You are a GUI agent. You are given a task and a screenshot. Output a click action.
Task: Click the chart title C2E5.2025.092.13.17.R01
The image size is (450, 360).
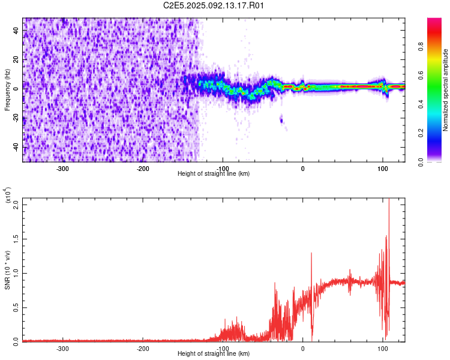coord(213,5)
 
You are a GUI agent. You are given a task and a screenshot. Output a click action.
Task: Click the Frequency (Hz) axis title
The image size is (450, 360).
coord(7,90)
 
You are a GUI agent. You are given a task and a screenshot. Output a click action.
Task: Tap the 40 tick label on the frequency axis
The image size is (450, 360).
coord(16,30)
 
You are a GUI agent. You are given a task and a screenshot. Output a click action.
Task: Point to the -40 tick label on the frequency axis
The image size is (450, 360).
coord(16,148)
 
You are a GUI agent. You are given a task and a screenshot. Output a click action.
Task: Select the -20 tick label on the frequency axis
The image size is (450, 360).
coord(16,118)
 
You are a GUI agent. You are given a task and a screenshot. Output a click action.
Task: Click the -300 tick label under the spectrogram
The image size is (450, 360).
coord(62,169)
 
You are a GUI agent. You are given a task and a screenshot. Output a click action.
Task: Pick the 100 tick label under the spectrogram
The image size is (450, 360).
coord(383,169)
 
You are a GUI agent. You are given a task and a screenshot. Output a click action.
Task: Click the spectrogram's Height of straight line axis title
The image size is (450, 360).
coord(214,173)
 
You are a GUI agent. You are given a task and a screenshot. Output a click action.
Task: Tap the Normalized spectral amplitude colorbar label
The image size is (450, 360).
coord(445,90)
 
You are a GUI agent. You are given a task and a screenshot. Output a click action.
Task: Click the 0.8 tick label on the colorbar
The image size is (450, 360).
coord(421,47)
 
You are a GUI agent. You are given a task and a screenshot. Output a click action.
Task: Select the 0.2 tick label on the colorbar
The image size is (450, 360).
coord(421,133)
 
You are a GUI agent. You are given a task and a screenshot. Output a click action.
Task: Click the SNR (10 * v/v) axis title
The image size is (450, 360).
coord(7,270)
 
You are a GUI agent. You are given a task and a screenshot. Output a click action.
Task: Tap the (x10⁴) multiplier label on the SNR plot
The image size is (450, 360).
coord(7,195)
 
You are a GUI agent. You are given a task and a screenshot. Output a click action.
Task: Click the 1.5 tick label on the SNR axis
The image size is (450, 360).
coord(16,239)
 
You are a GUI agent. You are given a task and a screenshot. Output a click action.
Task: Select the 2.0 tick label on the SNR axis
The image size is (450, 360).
coord(16,205)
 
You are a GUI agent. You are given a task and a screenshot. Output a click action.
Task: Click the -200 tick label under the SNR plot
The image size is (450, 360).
coord(142,349)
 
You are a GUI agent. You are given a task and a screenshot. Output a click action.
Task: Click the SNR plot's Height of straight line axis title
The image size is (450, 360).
coord(214,353)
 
